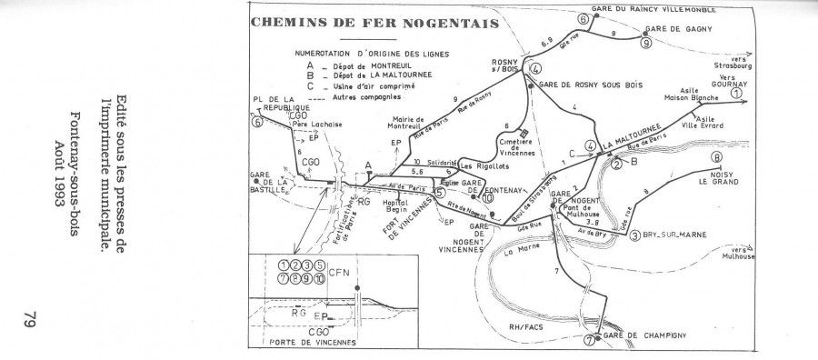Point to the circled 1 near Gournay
click(x=736, y=92)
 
